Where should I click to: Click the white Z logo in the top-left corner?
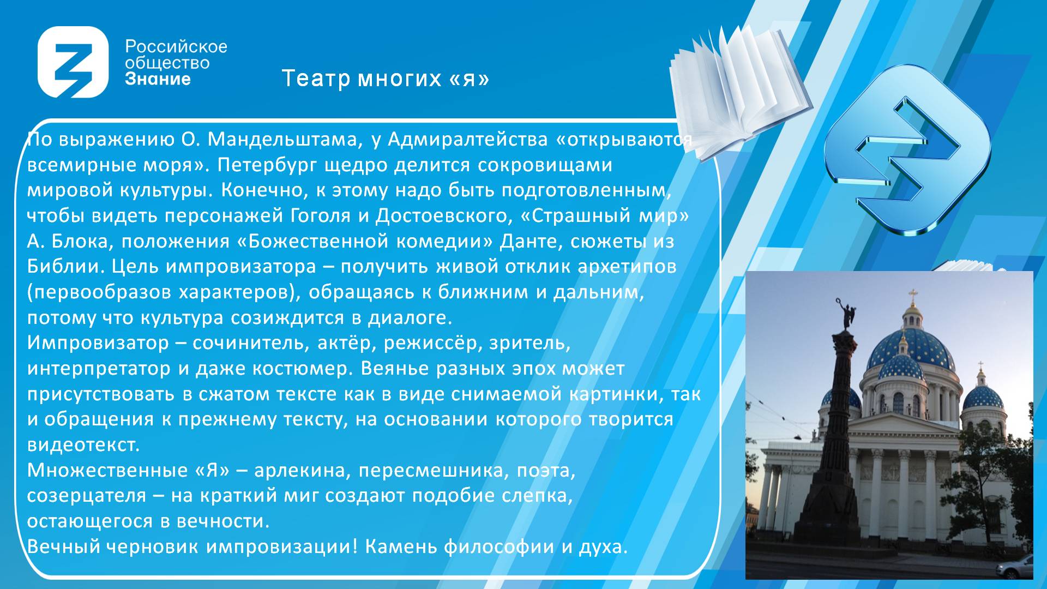point(73,62)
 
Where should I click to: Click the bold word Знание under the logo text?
point(158,79)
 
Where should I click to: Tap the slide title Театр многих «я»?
point(386,79)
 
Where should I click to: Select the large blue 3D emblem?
point(907,150)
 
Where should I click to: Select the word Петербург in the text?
point(267,165)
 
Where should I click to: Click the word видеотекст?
point(83,445)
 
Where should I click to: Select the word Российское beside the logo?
point(176,47)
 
